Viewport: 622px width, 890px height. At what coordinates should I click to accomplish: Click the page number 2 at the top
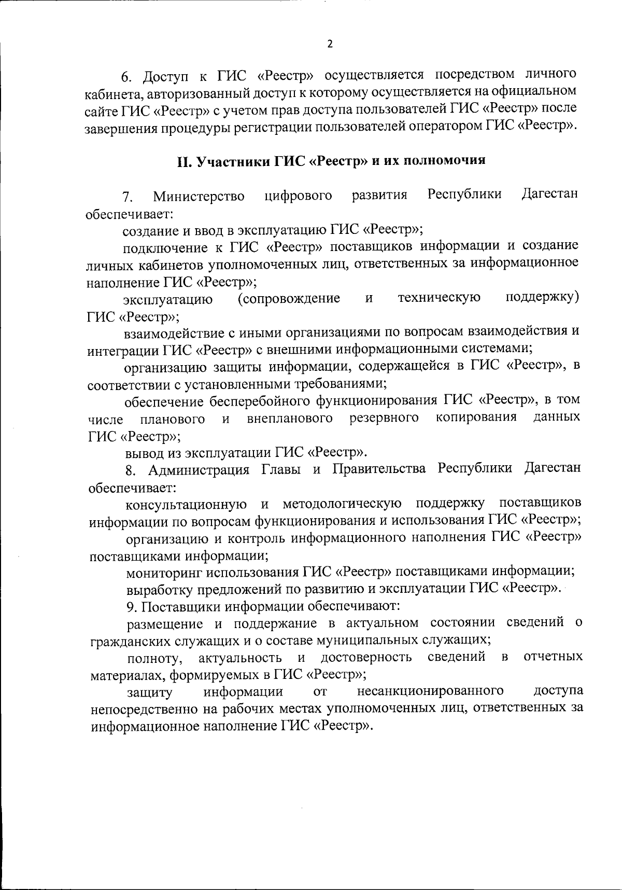pyautogui.click(x=330, y=44)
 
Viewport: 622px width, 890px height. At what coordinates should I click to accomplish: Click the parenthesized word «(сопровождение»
pyautogui.click(x=289, y=298)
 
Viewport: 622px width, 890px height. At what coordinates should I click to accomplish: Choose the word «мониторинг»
pyautogui.click(x=164, y=573)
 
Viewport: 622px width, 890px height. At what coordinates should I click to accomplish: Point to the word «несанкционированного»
pyautogui.click(x=430, y=691)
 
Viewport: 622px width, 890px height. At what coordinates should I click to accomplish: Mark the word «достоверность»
pyautogui.click(x=366, y=658)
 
